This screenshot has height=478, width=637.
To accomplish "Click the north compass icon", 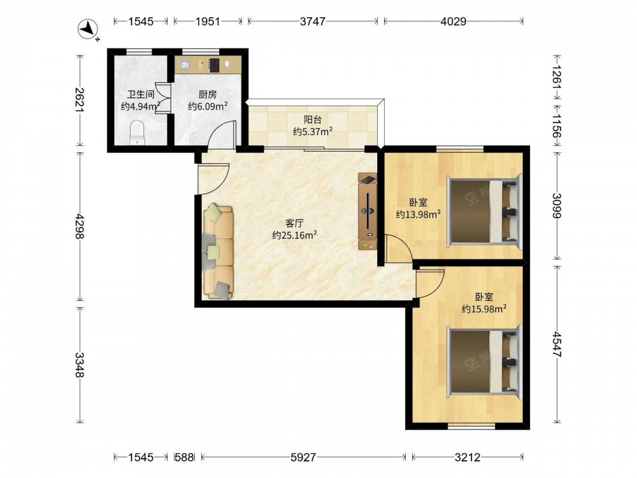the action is [88, 29].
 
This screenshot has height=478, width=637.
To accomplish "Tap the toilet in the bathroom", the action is [137, 133].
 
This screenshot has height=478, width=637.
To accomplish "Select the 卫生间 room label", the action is [141, 95].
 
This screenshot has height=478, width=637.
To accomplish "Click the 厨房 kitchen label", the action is [207, 95].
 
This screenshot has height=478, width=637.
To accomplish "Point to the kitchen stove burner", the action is [213, 65].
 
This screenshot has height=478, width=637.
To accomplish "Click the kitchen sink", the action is [185, 65].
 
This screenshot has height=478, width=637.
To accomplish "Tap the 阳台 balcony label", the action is [313, 120].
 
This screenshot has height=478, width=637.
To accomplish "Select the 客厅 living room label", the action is [294, 223].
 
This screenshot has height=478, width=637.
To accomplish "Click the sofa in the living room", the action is [218, 252].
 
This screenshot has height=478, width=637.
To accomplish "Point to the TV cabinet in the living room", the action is [368, 211].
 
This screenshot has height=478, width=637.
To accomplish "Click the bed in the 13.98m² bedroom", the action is [484, 211].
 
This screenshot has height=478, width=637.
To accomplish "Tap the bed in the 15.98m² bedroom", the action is [484, 361].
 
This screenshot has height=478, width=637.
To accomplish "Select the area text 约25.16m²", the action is [294, 235].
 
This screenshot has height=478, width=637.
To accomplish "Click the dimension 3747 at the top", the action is [312, 21].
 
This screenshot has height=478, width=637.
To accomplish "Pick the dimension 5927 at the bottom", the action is [303, 457].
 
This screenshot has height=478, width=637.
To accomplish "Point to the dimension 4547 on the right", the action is [557, 344].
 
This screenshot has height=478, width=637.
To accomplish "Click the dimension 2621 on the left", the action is [80, 100].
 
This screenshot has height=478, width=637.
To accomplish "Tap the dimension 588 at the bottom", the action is [184, 457].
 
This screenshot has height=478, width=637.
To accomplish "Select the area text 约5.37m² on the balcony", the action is [313, 132].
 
